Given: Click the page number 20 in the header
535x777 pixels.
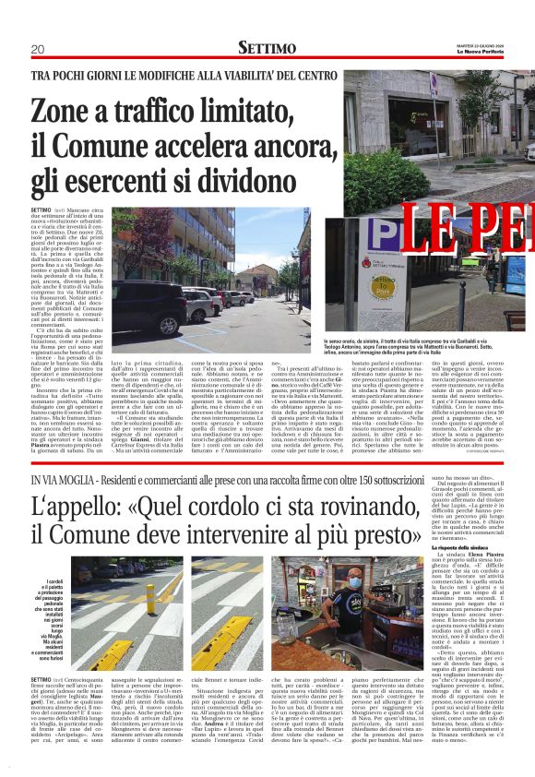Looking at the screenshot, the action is coord(38,48).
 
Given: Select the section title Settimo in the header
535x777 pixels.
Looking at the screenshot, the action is coord(267,47).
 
